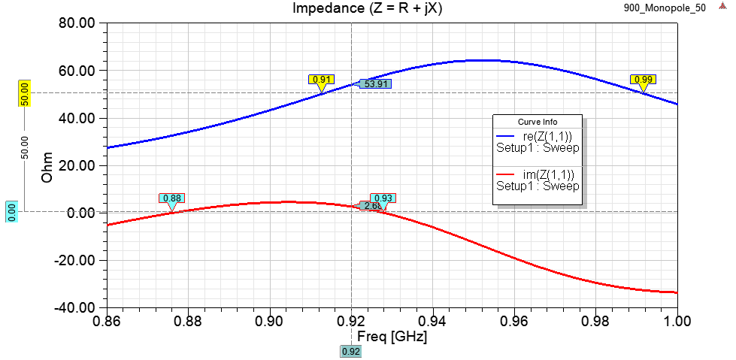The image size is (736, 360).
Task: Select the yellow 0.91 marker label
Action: click(321, 80)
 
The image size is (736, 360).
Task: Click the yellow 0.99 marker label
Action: click(644, 80)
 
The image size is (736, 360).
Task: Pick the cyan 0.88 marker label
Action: click(171, 198)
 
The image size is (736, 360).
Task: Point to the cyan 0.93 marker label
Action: click(383, 198)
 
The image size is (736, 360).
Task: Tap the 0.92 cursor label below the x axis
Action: click(351, 350)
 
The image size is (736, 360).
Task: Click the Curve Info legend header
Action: click(537, 122)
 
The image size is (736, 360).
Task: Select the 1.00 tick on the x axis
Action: click(677, 321)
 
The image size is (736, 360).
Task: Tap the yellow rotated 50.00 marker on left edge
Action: click(24, 93)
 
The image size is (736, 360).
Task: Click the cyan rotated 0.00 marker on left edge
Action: click(11, 211)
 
